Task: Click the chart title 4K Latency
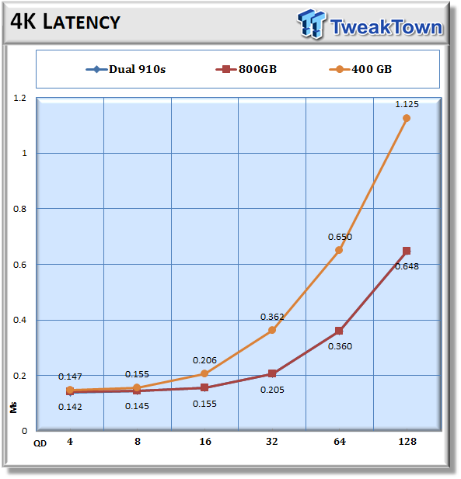(65, 22)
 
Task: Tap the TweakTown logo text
(386, 27)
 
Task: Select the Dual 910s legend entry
(126, 69)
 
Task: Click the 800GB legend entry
(246, 69)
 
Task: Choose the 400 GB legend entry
(361, 69)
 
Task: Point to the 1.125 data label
(407, 105)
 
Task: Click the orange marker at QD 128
(407, 118)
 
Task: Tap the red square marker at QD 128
(407, 251)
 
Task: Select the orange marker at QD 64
(339, 250)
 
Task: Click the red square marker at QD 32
(272, 373)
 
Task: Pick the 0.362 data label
(272, 317)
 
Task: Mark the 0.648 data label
(407, 266)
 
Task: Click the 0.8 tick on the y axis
(20, 209)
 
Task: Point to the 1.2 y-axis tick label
(20, 98)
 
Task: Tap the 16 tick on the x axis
(205, 442)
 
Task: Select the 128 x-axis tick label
(407, 442)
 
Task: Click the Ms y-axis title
(13, 408)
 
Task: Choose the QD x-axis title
(40, 443)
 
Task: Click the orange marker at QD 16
(204, 373)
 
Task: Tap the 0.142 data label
(70, 407)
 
